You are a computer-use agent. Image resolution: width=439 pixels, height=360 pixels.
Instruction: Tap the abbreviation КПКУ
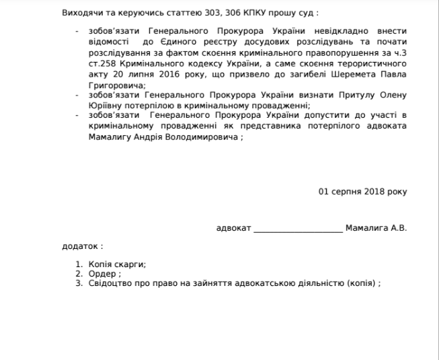243,13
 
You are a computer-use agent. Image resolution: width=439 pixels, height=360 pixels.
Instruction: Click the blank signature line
298,229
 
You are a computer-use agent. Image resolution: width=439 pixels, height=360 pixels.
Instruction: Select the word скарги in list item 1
131,264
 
